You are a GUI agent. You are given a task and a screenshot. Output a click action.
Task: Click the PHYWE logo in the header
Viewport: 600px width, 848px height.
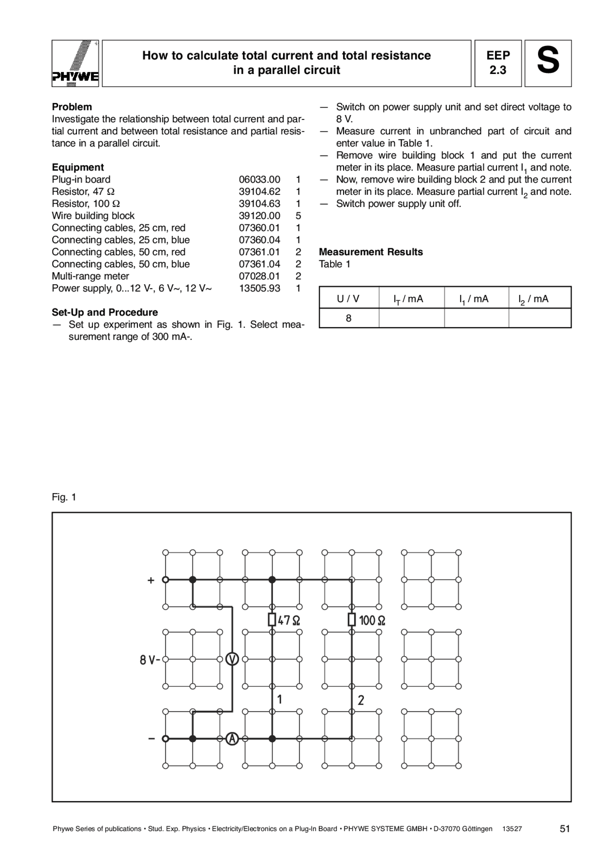tap(75, 64)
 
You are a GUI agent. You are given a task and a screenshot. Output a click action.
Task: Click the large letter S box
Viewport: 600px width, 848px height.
tap(547, 63)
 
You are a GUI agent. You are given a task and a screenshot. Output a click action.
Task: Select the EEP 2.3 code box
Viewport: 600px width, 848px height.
tap(498, 63)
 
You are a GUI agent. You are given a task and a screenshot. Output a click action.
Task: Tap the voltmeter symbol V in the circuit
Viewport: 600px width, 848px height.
tap(232, 659)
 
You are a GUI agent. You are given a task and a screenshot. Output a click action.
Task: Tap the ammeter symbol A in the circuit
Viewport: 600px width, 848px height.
tap(232, 739)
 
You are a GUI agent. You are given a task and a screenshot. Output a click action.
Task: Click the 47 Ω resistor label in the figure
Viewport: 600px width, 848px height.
tap(289, 620)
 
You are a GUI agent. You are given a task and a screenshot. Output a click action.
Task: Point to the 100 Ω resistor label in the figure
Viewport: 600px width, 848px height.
tap(372, 620)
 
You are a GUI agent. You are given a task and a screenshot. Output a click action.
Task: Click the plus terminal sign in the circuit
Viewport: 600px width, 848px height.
tap(151, 581)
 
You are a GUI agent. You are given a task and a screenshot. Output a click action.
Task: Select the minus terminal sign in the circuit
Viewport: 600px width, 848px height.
tap(151, 739)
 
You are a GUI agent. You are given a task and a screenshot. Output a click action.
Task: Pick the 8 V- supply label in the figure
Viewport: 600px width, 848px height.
tap(150, 660)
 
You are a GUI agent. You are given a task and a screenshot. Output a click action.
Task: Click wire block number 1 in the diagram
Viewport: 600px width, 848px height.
tap(280, 700)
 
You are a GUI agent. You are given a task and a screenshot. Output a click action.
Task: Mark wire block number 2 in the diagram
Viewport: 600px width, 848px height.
tap(361, 701)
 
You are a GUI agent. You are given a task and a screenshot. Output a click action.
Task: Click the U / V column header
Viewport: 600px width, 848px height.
tap(348, 299)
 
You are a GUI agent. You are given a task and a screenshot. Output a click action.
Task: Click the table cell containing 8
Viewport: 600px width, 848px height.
tap(349, 318)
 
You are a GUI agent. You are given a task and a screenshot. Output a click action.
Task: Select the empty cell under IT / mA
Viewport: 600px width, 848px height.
tap(411, 318)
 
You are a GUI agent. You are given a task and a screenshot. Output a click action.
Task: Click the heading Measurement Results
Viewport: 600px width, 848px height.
tap(371, 252)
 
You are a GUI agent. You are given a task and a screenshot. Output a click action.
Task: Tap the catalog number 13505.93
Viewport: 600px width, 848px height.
tap(260, 288)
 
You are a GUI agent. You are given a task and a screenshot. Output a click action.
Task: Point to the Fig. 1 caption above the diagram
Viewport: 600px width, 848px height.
tap(64, 497)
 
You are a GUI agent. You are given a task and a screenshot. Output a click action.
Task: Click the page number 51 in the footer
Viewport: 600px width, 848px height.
tap(565, 829)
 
